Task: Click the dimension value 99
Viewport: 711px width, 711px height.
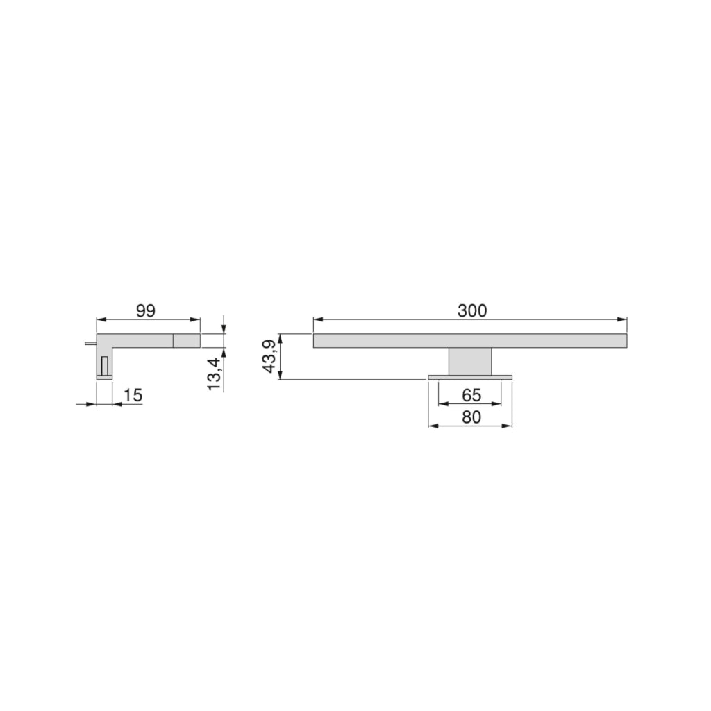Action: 146,310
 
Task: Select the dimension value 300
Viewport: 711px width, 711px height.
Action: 472,310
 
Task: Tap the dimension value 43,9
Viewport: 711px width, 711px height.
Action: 270,356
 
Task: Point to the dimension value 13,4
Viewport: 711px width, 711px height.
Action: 214,374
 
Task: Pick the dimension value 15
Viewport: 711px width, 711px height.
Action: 133,395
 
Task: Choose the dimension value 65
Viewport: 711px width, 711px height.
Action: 471,395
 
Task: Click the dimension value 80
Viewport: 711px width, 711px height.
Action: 471,417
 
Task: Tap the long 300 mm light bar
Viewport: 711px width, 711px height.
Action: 470,340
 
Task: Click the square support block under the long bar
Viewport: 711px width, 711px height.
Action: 470,362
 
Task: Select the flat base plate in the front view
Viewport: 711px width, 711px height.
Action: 470,377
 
